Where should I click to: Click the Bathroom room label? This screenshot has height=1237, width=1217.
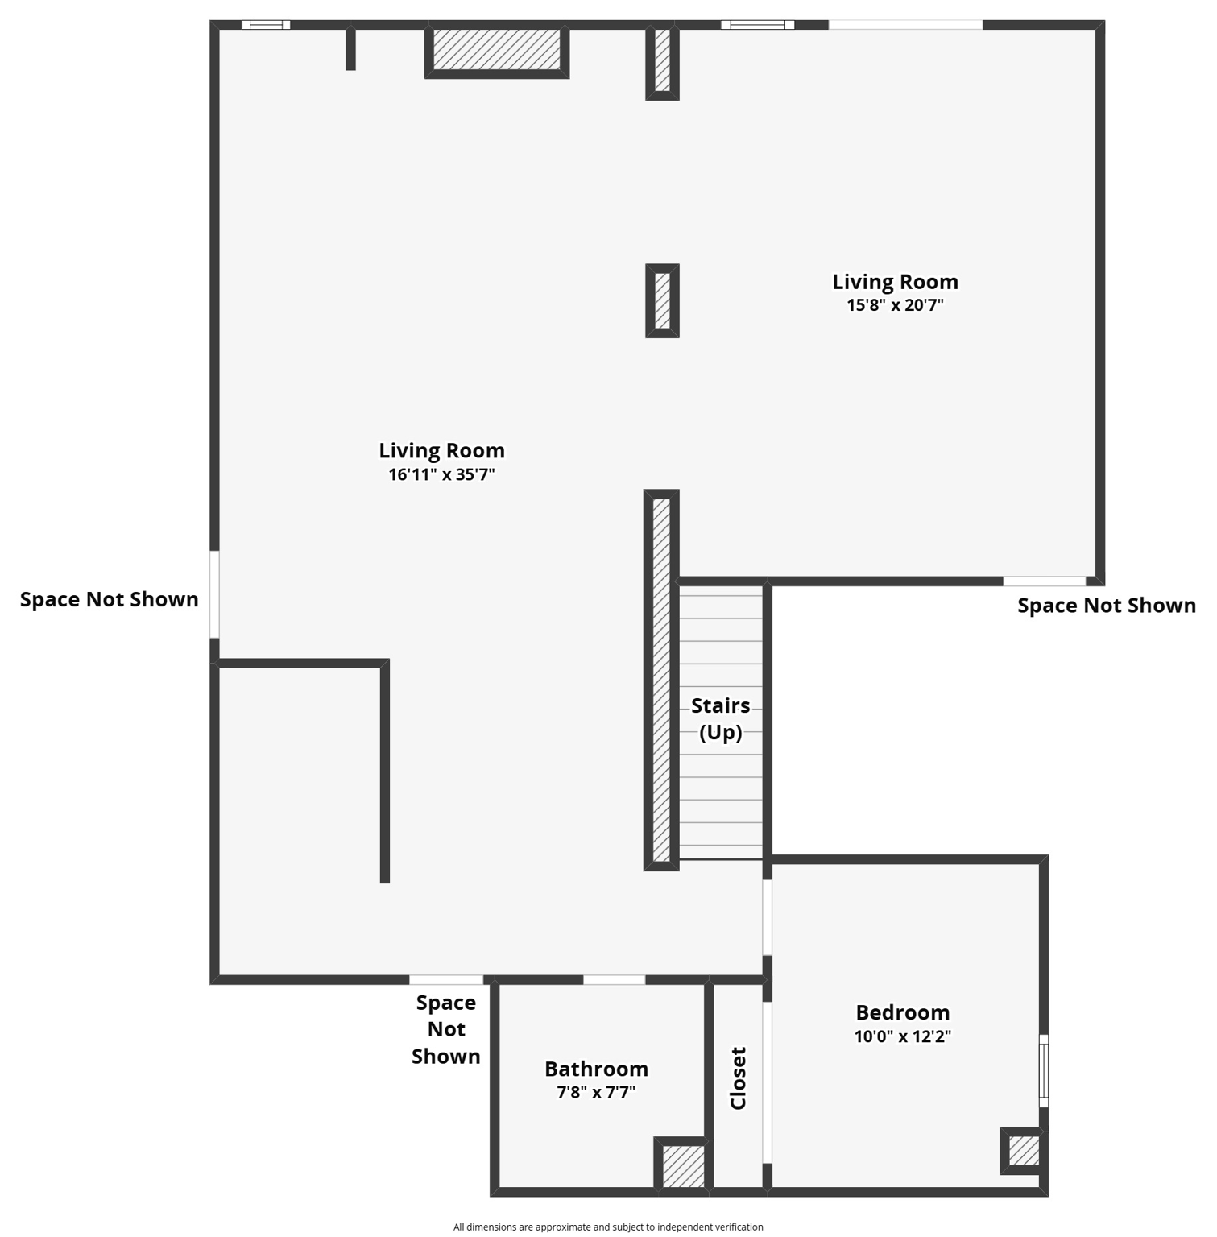tap(596, 1069)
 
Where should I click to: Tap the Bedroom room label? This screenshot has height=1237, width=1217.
tap(902, 1012)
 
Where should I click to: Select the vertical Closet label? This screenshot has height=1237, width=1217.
tap(738, 1078)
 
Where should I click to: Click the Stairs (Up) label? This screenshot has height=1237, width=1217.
tap(720, 718)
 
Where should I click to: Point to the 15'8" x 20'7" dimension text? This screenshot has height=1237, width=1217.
tap(895, 305)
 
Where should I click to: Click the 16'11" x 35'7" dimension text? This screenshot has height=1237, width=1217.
tap(441, 474)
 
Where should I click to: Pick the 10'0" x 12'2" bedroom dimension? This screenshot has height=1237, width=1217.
tap(902, 1036)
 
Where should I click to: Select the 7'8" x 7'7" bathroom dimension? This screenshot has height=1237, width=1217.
tap(596, 1093)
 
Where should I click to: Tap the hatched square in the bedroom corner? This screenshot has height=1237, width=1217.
tap(1023, 1150)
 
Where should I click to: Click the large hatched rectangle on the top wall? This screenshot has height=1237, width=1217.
tap(496, 50)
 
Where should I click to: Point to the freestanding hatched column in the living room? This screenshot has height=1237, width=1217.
tap(662, 300)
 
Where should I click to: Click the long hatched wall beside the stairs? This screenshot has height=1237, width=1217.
tap(661, 681)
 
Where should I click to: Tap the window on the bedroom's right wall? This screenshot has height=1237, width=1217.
tap(1044, 1070)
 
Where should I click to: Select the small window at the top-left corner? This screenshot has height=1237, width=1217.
tap(266, 25)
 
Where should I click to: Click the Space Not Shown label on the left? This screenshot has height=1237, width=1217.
tap(110, 600)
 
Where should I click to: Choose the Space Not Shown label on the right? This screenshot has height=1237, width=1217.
tap(1106, 606)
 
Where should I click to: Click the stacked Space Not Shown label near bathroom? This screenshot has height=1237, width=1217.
tap(445, 1029)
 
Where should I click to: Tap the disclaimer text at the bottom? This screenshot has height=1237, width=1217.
tap(608, 1227)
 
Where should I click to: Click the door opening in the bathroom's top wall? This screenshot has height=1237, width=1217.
tap(614, 980)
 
